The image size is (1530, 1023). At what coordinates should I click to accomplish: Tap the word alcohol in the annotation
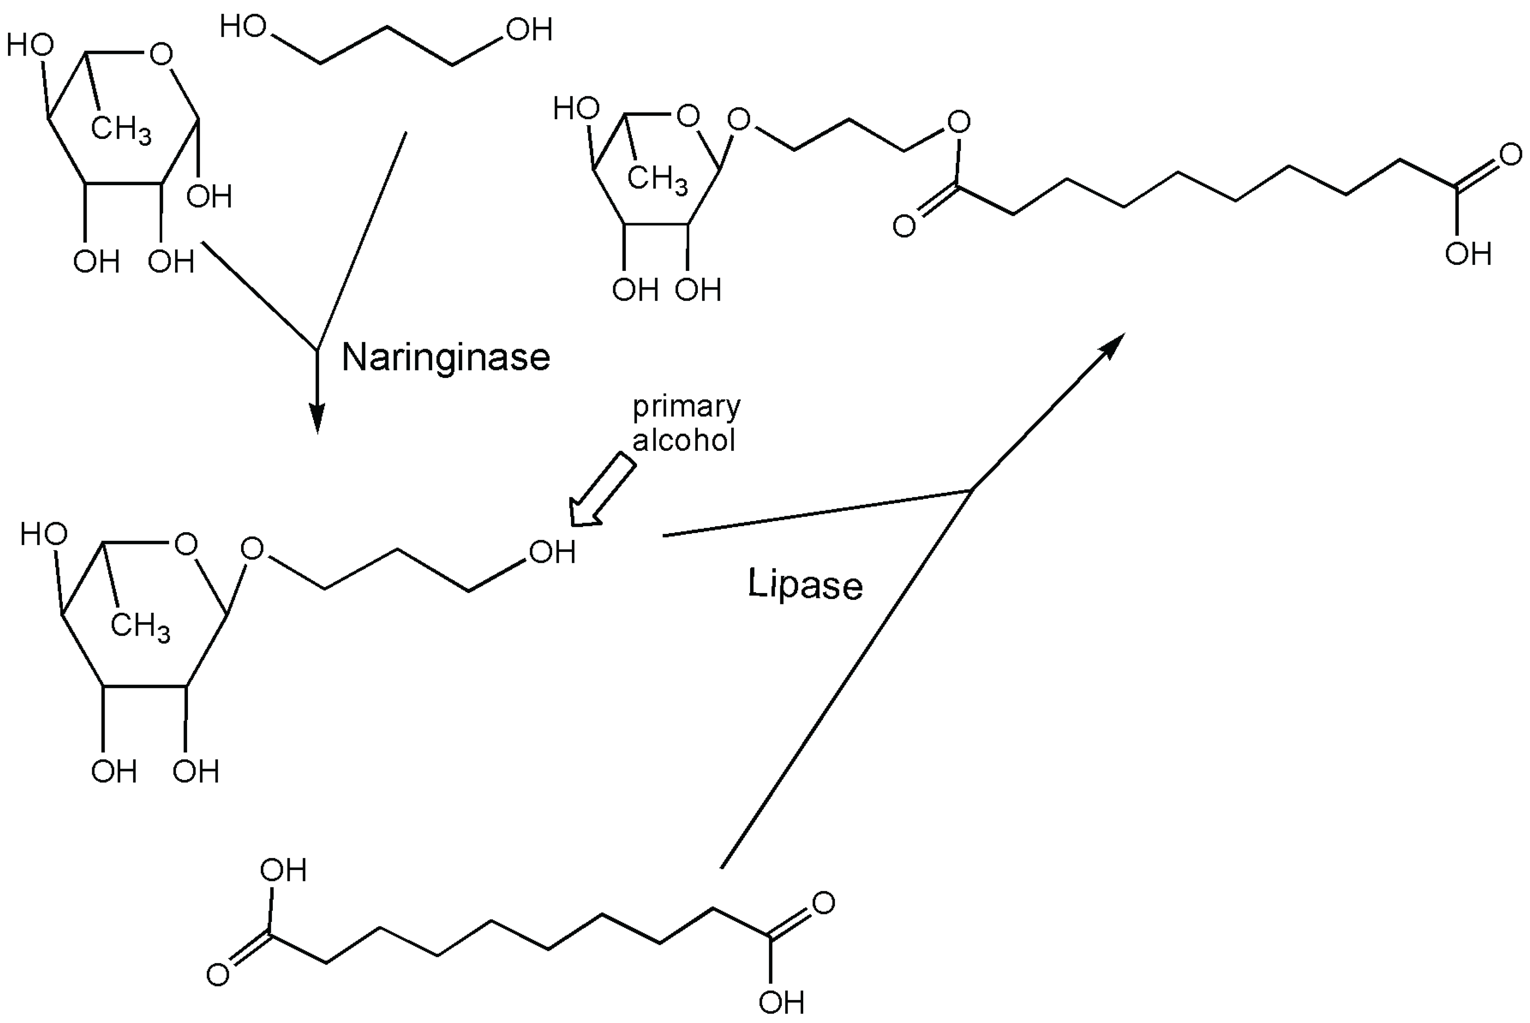[x=683, y=440]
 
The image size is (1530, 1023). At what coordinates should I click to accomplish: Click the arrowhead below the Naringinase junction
[x=317, y=417]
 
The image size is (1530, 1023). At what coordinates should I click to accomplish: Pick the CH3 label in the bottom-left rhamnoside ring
[x=140, y=626]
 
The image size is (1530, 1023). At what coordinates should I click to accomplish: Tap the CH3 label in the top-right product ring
[x=658, y=180]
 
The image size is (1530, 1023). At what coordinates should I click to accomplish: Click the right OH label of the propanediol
[x=529, y=29]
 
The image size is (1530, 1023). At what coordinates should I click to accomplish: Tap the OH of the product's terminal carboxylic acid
[x=1468, y=254]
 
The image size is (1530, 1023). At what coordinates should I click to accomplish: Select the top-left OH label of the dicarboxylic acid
[x=283, y=871]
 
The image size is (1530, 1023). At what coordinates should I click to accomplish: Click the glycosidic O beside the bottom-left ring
[x=252, y=549]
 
